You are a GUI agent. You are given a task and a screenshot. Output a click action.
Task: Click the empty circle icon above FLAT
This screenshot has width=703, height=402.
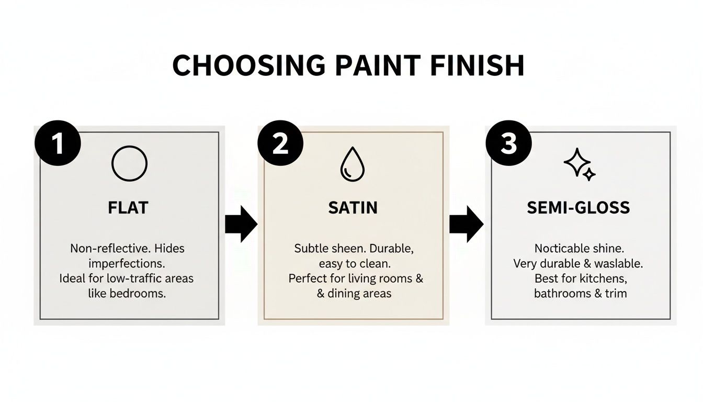tap(129, 164)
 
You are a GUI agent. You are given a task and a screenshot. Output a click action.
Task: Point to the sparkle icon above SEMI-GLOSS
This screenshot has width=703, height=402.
tap(579, 164)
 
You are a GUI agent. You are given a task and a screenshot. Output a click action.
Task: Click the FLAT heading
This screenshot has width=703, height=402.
tap(128, 208)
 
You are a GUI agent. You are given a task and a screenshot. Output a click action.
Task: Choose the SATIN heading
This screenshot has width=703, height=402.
tap(353, 208)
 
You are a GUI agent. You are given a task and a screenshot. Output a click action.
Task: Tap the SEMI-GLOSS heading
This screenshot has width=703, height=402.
tap(579, 208)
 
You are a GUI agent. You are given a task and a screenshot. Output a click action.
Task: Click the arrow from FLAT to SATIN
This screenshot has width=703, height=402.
tap(241, 224)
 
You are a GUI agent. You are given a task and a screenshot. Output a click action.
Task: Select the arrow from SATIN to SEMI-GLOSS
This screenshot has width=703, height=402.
tap(466, 224)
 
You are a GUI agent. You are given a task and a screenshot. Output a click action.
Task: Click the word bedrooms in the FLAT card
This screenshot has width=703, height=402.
tap(137, 293)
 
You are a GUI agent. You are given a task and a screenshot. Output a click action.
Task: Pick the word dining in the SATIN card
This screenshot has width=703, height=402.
tap(345, 293)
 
